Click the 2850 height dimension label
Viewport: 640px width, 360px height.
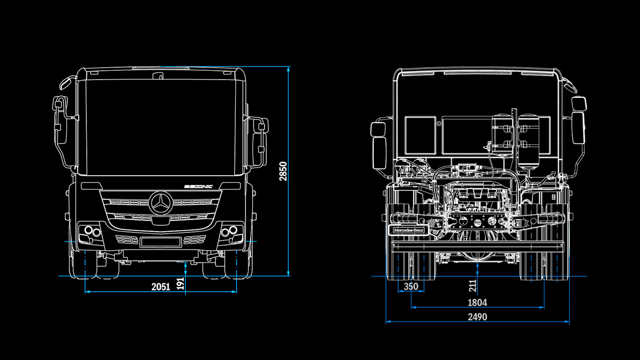(x=283, y=171)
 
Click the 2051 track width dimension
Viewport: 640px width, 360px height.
(x=160, y=286)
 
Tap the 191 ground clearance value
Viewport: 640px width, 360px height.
(x=181, y=283)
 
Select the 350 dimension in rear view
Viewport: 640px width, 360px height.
(x=411, y=286)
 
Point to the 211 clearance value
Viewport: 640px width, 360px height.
(x=473, y=286)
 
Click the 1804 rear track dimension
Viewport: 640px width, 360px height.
(x=477, y=302)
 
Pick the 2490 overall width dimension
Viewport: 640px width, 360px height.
(x=477, y=317)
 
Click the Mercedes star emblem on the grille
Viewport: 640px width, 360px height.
(x=161, y=203)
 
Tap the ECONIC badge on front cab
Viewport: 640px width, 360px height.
(x=198, y=186)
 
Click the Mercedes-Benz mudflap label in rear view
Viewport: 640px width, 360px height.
(x=408, y=230)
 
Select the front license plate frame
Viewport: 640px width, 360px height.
(x=160, y=242)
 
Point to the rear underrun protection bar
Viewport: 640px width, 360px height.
(x=477, y=246)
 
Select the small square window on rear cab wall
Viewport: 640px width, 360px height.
(x=420, y=135)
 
